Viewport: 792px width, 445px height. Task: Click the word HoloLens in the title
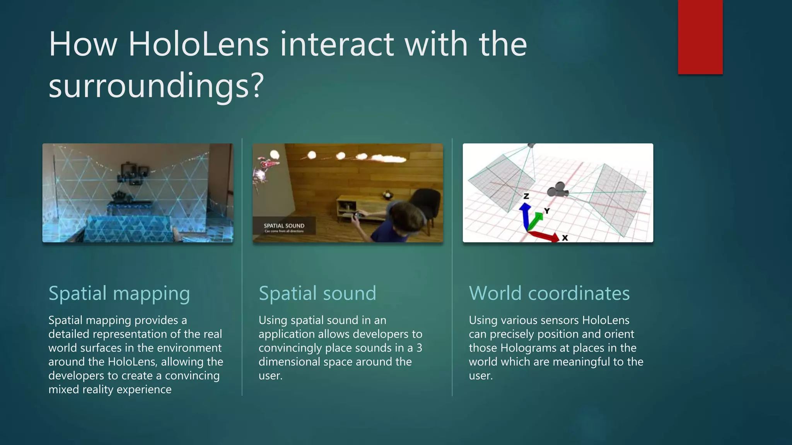[198, 44]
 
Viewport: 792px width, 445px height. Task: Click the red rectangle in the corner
[700, 37]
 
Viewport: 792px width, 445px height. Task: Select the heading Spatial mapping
[119, 293]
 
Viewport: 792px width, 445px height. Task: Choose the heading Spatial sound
[317, 293]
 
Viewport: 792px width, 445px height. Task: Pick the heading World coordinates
[549, 293]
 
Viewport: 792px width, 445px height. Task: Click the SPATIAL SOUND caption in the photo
[284, 226]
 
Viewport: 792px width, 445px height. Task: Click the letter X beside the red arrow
[565, 238]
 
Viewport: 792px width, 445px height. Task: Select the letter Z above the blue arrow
[526, 196]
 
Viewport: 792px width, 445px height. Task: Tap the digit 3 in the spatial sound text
[419, 348]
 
